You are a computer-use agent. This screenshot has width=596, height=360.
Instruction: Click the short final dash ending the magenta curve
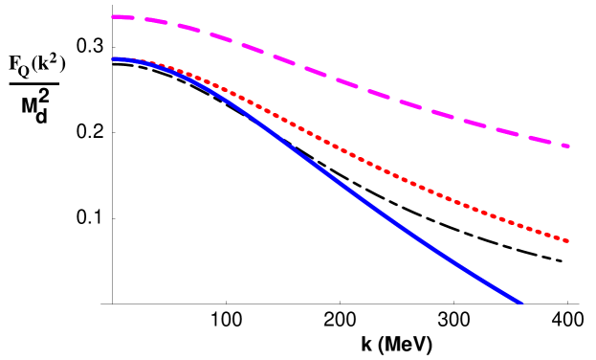click(565, 146)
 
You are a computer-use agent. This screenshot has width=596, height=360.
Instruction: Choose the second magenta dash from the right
click(540, 140)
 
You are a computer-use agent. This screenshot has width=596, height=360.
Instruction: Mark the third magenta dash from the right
click(507, 131)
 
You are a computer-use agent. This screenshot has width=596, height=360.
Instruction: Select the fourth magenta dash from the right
click(475, 123)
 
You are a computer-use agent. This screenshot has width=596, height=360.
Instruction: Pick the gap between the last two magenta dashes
click(556, 144)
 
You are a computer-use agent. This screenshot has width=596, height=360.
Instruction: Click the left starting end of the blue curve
click(113, 59)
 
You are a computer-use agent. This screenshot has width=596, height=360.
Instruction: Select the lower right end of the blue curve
click(520, 303)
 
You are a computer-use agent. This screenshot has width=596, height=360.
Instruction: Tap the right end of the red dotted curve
click(567, 240)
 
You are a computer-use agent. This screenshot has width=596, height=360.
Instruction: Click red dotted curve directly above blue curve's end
click(520, 226)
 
